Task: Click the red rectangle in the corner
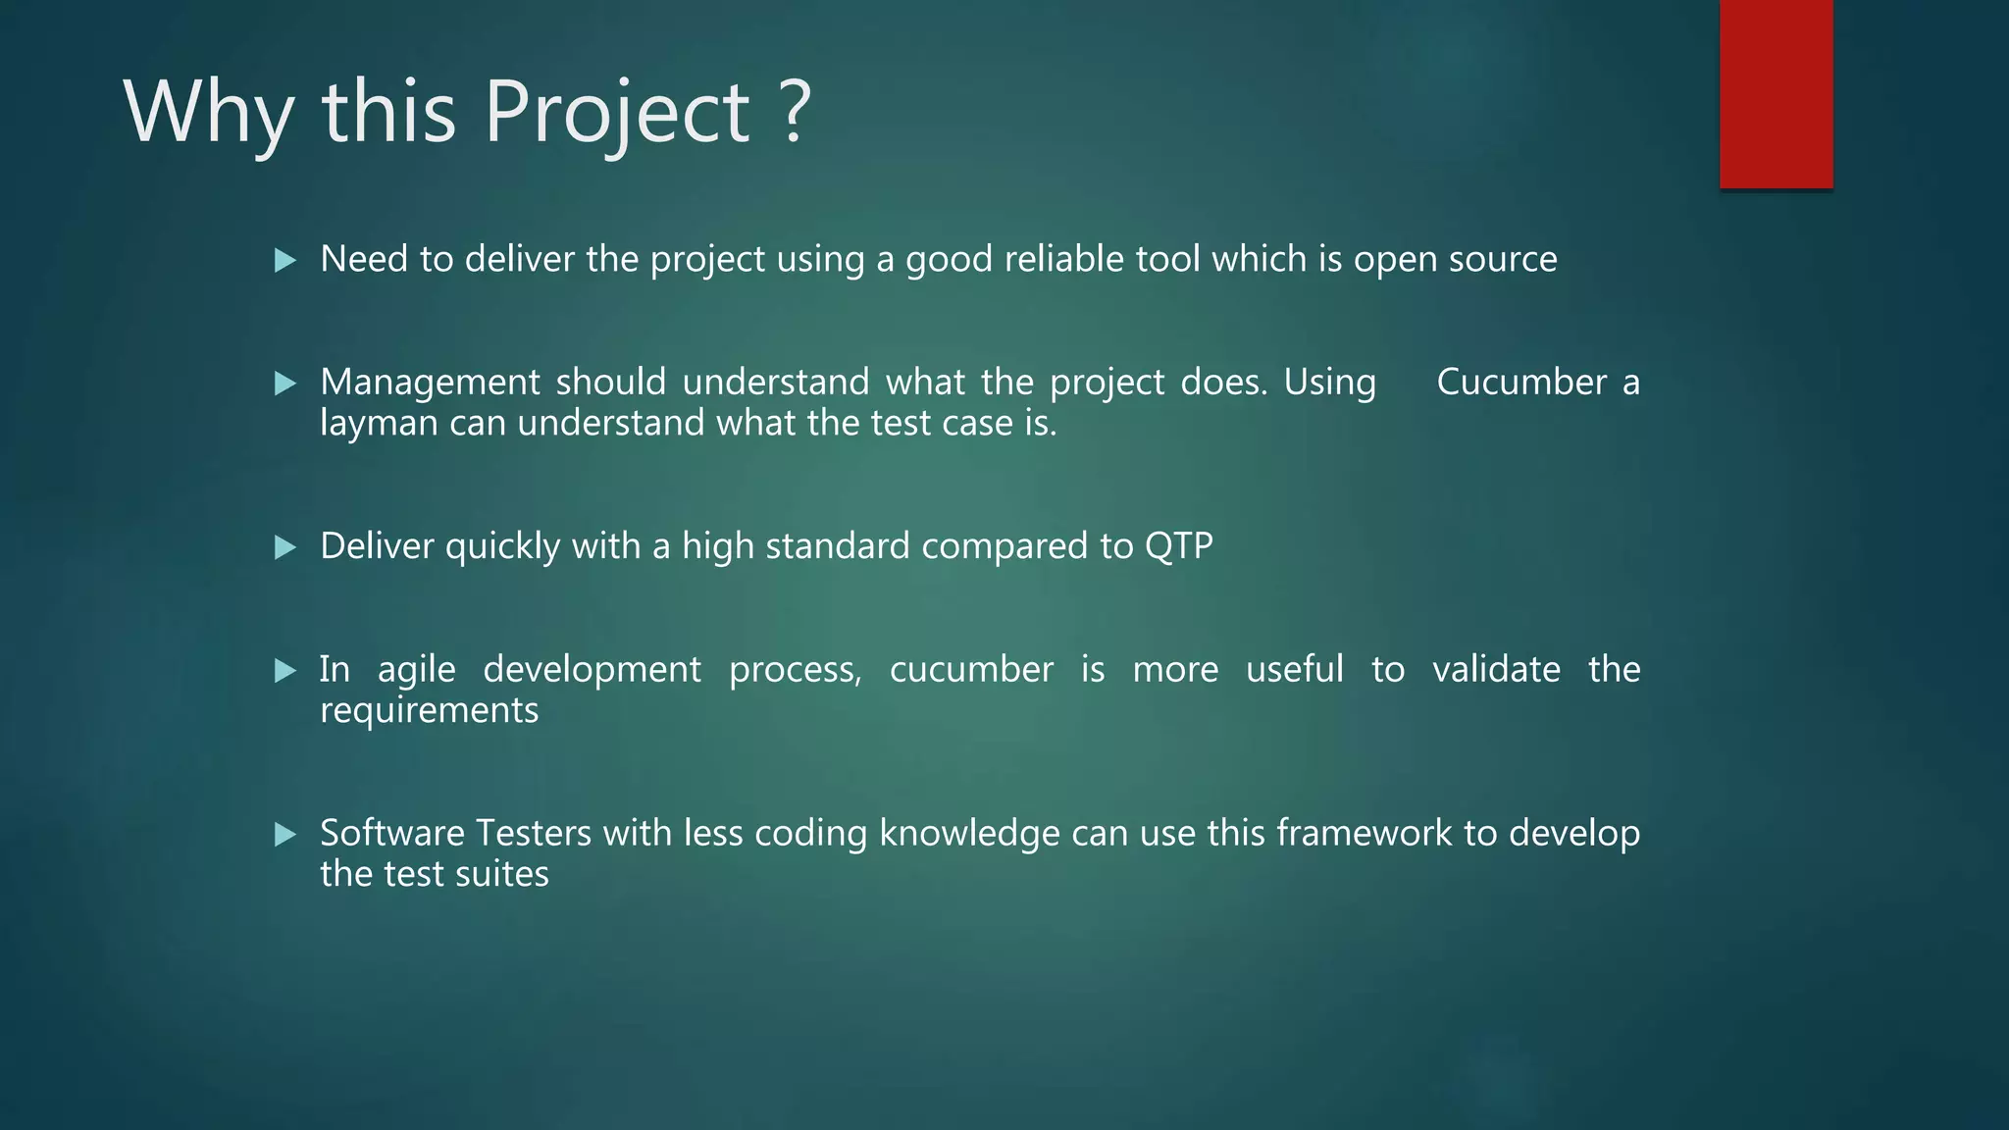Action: [x=1776, y=94]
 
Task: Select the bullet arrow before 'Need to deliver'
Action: [x=285, y=261]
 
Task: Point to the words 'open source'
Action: [x=1455, y=260]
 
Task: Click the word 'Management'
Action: [x=430, y=383]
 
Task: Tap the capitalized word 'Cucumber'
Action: [x=1520, y=382]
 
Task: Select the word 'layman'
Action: [x=379, y=424]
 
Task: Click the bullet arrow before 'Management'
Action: [x=285, y=384]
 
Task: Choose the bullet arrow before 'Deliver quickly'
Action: [x=285, y=547]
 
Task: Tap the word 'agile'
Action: [x=416, y=670]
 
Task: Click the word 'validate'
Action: [x=1496, y=669]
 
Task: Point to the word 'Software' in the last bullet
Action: [x=392, y=833]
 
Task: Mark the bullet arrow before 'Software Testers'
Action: [x=285, y=835]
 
